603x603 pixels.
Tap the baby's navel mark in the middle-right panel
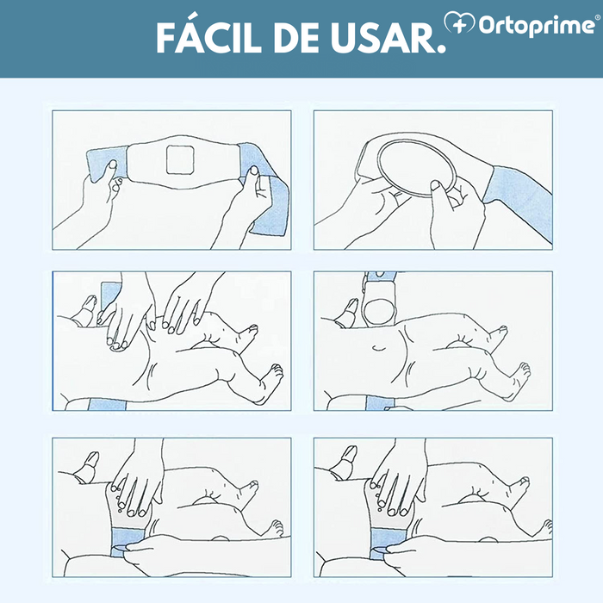pos(376,348)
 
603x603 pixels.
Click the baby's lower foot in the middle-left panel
pos(271,375)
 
